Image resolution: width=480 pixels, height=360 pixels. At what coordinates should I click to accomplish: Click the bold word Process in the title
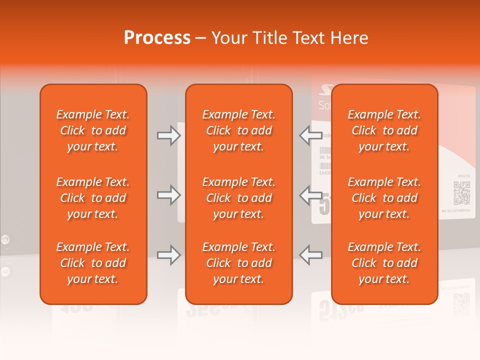click(x=157, y=38)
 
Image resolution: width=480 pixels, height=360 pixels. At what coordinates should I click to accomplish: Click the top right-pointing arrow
click(x=168, y=135)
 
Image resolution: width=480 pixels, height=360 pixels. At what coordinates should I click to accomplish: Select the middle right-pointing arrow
click(x=168, y=195)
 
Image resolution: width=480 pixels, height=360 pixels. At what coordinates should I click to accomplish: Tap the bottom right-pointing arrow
click(x=168, y=255)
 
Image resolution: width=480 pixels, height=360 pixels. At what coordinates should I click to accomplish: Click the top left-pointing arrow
click(x=310, y=135)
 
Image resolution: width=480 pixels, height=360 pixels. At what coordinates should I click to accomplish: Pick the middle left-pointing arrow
click(x=310, y=195)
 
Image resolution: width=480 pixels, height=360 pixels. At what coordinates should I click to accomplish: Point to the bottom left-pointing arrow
click(x=310, y=255)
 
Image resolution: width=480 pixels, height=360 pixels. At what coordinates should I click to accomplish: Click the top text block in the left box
click(x=93, y=130)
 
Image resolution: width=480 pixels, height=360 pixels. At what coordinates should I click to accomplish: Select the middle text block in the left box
click(x=93, y=198)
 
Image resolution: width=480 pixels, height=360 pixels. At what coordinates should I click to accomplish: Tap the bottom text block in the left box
click(x=93, y=263)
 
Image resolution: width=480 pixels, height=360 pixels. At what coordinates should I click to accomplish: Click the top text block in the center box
click(x=238, y=130)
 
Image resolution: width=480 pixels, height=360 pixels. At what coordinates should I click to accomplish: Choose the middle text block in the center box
click(x=238, y=198)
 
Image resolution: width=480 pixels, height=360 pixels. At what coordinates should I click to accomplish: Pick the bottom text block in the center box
click(x=238, y=263)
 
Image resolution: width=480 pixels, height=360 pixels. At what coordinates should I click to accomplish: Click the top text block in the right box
click(x=384, y=130)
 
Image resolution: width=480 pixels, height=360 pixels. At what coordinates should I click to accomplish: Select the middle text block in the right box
click(x=384, y=198)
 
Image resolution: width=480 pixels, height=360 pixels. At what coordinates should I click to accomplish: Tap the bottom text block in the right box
click(x=384, y=263)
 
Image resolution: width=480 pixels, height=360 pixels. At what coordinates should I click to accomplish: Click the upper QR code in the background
click(x=461, y=193)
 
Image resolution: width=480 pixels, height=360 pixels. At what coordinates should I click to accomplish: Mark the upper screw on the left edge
click(x=5, y=239)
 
